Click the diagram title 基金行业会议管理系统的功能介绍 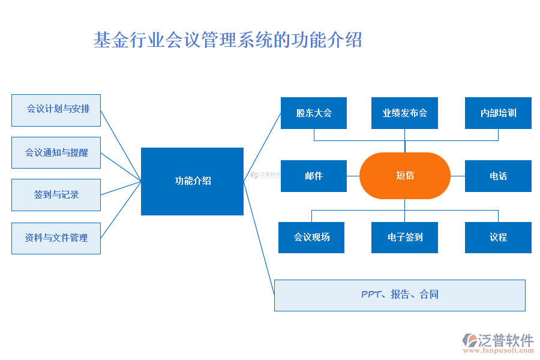pos(228,40)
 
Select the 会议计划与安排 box pos(56,110)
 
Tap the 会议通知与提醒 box pos(56,152)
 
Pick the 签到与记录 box pos(56,195)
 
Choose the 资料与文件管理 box pos(56,238)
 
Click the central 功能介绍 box pos(192,181)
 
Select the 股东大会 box pos(313,113)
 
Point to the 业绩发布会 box pos(404,113)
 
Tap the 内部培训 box pos(498,113)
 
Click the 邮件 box pos(313,176)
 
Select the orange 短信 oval pos(404,176)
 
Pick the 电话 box pos(498,176)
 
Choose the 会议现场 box pos(311,237)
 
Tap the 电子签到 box pos(404,237)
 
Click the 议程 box pos(498,237)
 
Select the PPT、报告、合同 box pos(400,295)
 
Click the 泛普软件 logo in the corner pos(498,340)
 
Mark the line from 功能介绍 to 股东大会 pos(262,147)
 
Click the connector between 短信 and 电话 pos(458,176)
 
